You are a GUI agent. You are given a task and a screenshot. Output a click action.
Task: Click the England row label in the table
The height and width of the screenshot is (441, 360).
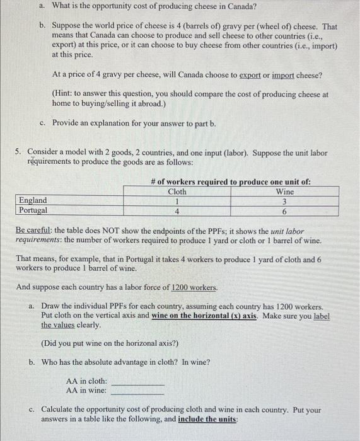(33, 200)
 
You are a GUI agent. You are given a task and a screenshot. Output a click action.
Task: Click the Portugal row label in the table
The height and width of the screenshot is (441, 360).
(34, 210)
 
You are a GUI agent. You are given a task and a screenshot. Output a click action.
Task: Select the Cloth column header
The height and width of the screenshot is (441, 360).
(177, 192)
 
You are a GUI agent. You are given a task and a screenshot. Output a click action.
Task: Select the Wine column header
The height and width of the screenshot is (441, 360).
(285, 192)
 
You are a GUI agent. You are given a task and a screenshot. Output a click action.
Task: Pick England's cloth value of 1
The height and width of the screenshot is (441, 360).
(177, 201)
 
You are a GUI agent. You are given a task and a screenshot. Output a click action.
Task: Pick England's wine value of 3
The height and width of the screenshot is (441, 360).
(285, 201)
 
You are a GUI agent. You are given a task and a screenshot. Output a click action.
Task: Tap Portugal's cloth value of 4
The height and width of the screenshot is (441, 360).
(177, 211)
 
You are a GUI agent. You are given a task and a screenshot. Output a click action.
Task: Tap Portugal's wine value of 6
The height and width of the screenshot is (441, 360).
(285, 211)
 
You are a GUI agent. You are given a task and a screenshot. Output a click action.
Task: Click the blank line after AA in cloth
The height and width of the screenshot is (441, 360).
(137, 382)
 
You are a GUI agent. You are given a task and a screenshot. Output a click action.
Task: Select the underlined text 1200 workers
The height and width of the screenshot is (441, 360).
(195, 287)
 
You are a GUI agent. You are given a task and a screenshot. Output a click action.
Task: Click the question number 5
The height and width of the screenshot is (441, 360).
(19, 152)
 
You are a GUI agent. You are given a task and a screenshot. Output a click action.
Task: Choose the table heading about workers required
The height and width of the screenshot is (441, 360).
(231, 182)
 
